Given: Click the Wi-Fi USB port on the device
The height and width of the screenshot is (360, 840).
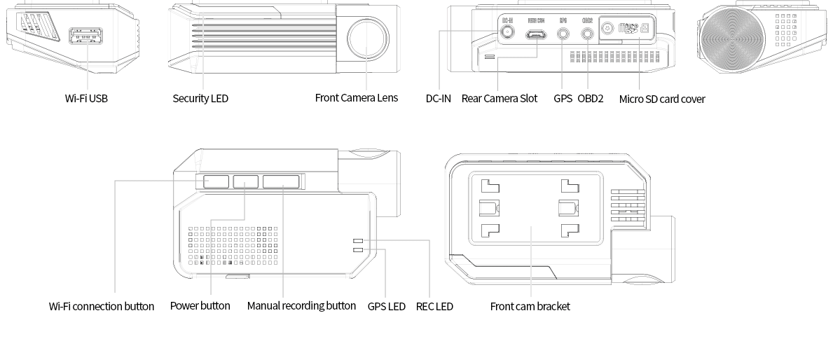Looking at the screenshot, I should point(86,36).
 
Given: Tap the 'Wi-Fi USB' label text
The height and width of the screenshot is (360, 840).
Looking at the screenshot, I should point(86,99).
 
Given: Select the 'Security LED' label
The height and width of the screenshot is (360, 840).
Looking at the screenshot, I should point(200,99).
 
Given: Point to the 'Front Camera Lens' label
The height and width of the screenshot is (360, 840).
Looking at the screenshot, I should point(356,98).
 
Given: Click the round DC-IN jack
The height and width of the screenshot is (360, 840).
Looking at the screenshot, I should point(507,32).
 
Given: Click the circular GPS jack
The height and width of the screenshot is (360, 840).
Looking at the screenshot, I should point(563,32).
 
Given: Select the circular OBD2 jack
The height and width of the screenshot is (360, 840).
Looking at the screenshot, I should point(587,32).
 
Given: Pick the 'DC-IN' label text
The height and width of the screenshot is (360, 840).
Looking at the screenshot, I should point(439,99).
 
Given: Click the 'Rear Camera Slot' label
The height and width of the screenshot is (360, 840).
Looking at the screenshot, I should point(500,99).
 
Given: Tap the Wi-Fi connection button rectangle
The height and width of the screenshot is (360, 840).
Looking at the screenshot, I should point(216,181).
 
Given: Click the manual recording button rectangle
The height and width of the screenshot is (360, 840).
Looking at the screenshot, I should point(281,181).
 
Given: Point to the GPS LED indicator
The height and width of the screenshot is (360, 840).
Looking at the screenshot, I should point(358,249).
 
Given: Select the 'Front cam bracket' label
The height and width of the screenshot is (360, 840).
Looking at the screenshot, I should point(530,306).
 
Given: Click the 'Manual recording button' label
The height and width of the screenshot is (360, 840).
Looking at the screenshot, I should point(301,306).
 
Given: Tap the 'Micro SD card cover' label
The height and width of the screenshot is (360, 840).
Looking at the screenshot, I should point(662,99).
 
